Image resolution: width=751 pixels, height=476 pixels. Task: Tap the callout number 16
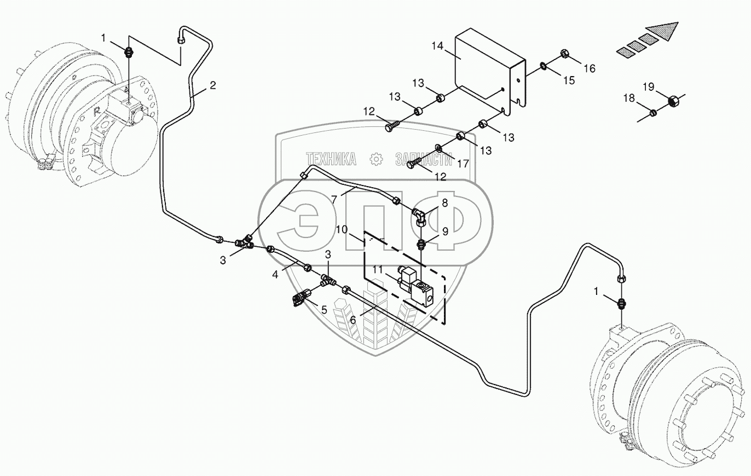pyautogui.click(x=588, y=68)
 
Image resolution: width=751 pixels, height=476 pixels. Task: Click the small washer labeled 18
pyautogui.click(x=652, y=113)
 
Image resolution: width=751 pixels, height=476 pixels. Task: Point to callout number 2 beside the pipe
pyautogui.click(x=212, y=85)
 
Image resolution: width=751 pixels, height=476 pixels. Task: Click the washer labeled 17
pyautogui.click(x=440, y=148)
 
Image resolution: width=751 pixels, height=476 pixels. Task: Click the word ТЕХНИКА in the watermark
pyautogui.click(x=332, y=159)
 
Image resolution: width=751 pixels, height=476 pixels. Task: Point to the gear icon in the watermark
pyautogui.click(x=376, y=159)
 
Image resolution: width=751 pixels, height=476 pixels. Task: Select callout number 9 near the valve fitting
pyautogui.click(x=446, y=231)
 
